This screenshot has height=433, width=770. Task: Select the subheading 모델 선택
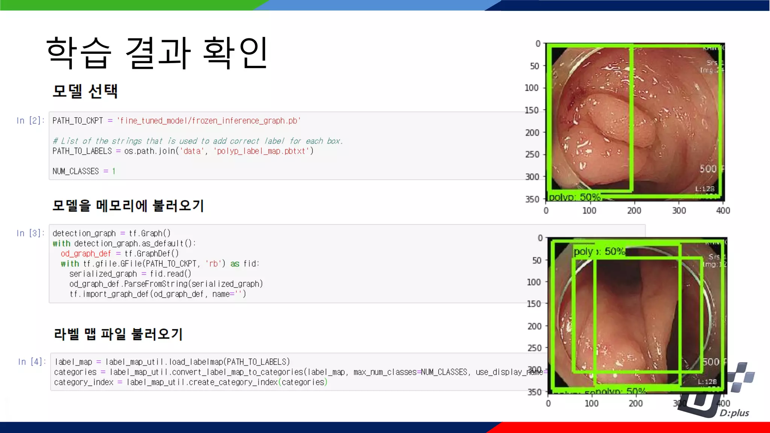pyautogui.click(x=85, y=91)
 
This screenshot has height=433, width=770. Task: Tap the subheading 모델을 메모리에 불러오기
pyautogui.click(x=128, y=206)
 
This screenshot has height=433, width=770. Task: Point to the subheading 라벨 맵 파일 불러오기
pyautogui.click(x=118, y=334)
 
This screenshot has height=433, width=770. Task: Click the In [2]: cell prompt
pyautogui.click(x=30, y=121)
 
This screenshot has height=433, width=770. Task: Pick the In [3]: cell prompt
pyautogui.click(x=30, y=233)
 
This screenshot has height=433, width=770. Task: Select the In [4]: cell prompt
pyautogui.click(x=32, y=362)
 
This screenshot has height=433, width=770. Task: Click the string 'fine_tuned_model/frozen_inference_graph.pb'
pyautogui.click(x=209, y=121)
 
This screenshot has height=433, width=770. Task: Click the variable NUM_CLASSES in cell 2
pyautogui.click(x=76, y=171)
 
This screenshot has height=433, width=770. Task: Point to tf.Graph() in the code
pyautogui.click(x=150, y=233)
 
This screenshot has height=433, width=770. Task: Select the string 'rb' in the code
pyautogui.click(x=213, y=264)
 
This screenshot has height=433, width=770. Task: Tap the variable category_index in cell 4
pyautogui.click(x=83, y=382)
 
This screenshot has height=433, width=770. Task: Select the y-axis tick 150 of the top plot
pyautogui.click(x=532, y=110)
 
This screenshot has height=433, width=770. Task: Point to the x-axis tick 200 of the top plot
pyautogui.click(x=634, y=211)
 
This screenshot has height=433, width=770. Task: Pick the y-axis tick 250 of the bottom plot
pyautogui.click(x=534, y=348)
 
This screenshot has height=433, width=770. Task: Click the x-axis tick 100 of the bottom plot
pyautogui.click(x=591, y=404)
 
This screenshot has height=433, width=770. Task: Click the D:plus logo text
pyautogui.click(x=734, y=413)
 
